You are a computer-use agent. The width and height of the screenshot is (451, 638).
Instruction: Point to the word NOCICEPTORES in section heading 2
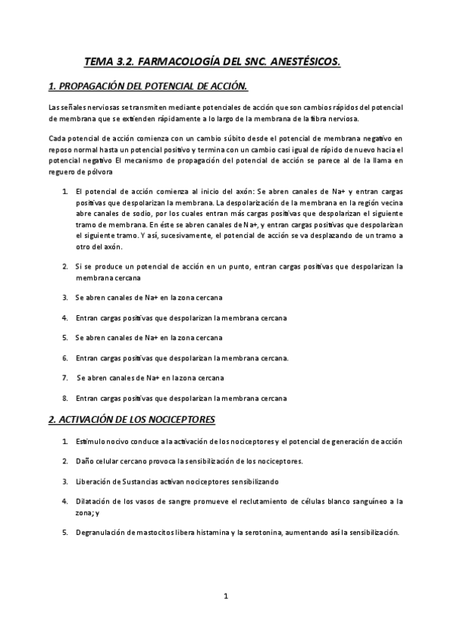click(175, 418)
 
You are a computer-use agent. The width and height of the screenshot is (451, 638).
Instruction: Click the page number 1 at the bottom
click(226, 596)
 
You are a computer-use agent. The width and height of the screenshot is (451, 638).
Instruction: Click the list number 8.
click(66, 398)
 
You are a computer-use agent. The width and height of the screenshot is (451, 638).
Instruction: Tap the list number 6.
click(66, 357)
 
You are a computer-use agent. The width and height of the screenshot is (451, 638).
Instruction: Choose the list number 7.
click(66, 378)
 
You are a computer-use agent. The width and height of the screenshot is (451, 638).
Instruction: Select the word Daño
click(86, 460)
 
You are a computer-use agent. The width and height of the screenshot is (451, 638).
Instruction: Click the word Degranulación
click(105, 533)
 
